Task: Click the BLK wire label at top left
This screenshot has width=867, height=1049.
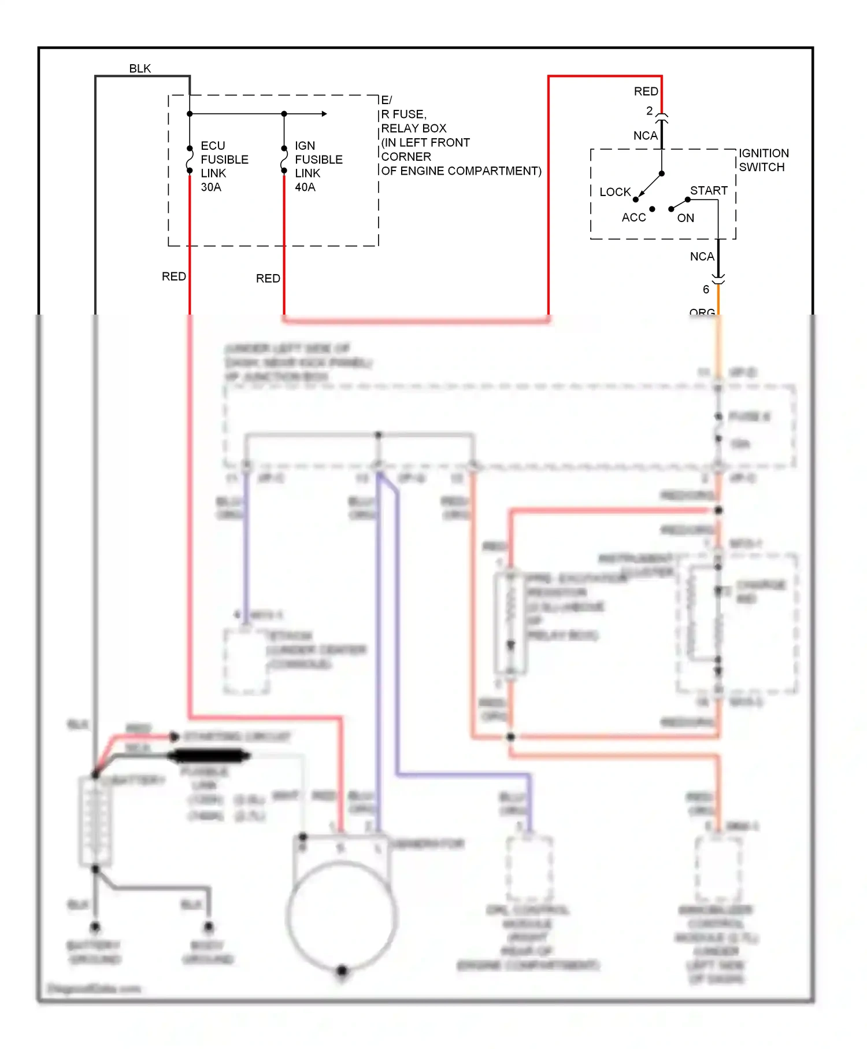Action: [x=140, y=69]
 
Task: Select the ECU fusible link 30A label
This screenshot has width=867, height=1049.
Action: [x=224, y=167]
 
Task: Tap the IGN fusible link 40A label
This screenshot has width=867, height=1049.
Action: [x=318, y=167]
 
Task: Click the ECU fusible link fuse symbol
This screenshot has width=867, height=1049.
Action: [x=190, y=160]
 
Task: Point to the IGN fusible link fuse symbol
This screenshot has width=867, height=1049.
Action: [x=284, y=160]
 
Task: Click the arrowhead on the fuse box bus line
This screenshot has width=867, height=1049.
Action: [x=324, y=114]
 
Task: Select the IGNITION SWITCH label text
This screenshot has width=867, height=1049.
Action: [x=763, y=160]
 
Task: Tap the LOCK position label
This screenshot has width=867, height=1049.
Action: [x=614, y=192]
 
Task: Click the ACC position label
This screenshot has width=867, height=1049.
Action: [x=633, y=217]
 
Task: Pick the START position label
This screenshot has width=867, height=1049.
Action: [x=708, y=191]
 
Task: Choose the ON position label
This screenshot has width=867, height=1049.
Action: [x=686, y=218]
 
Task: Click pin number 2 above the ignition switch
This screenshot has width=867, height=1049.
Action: [x=649, y=110]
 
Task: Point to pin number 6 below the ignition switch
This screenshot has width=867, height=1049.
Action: [x=706, y=289]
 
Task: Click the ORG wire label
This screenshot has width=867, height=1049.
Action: [x=702, y=312]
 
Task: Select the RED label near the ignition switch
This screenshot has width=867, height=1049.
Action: [x=646, y=91]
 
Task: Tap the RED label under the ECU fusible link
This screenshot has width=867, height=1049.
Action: [x=173, y=276]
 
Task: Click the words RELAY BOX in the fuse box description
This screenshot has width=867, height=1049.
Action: [x=413, y=128]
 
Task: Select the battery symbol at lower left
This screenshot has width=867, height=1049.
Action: [x=94, y=821]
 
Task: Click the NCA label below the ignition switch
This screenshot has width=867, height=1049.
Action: [x=702, y=256]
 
